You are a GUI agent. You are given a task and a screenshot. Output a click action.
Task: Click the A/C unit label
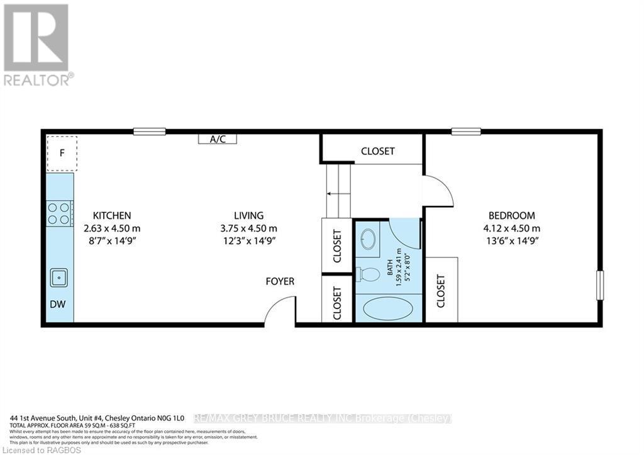218,139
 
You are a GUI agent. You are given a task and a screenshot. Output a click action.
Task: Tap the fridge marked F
62,152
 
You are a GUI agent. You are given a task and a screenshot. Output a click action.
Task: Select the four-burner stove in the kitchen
59,213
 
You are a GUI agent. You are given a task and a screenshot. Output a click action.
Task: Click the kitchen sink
60,276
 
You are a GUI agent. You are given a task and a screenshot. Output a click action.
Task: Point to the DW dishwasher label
58,304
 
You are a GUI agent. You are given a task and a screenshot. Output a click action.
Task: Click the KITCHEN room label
112,215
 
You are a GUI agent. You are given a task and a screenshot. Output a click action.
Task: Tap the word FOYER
280,281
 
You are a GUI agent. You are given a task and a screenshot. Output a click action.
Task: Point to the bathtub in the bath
389,308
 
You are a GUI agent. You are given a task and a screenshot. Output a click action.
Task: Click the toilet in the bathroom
369,274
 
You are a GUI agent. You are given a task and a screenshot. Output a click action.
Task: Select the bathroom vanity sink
369,239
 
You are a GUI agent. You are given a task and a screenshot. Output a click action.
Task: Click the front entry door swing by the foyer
279,313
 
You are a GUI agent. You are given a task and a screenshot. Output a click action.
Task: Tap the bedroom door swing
438,190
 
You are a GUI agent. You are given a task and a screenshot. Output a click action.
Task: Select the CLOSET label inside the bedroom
441,291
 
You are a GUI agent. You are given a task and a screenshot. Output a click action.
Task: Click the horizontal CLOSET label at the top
377,151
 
